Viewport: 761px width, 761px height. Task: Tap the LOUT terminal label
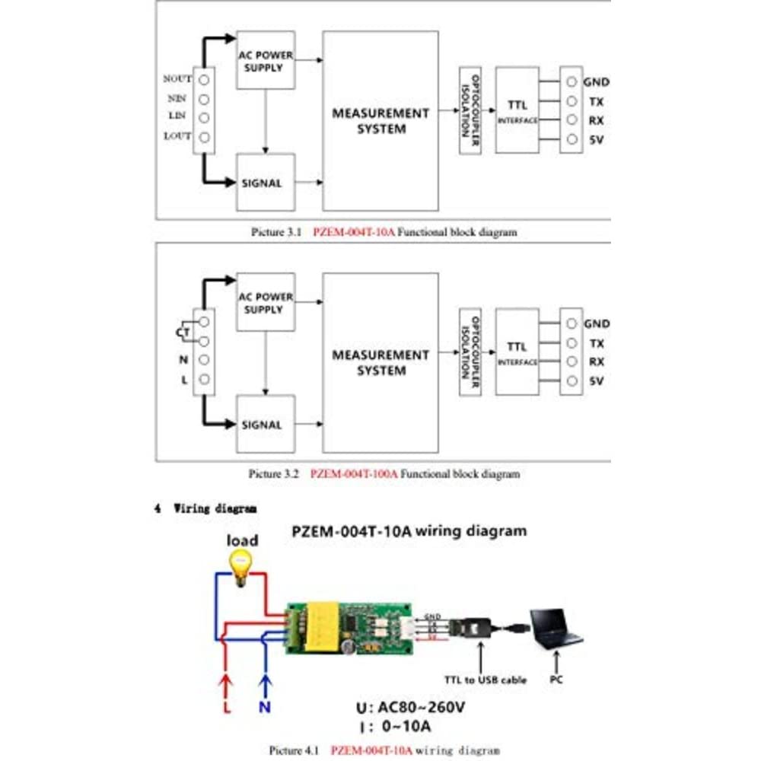[x=178, y=137]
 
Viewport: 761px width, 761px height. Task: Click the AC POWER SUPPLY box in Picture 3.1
[x=265, y=61]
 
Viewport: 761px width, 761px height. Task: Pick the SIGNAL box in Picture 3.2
[x=265, y=425]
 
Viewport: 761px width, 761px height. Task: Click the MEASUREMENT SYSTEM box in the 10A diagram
[x=380, y=122]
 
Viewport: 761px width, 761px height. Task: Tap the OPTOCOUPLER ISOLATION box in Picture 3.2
[x=470, y=352]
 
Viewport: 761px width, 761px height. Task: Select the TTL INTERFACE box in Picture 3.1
[x=517, y=110]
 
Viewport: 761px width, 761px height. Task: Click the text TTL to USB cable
[x=485, y=680]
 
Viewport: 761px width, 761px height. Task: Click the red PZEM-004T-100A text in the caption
[x=355, y=473]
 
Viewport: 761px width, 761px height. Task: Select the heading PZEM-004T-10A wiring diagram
[x=409, y=531]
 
